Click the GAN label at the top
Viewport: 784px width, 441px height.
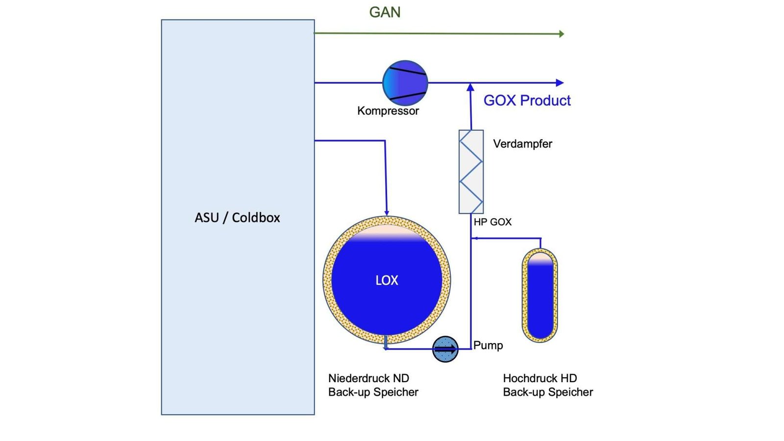(385, 12)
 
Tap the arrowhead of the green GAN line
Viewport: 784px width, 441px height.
(562, 34)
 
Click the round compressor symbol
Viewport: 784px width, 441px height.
(405, 83)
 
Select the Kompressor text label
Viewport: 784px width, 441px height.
(388, 111)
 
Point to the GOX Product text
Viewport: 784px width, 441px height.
(527, 100)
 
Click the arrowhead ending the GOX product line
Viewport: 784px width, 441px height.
(560, 83)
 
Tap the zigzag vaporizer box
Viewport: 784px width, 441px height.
(471, 171)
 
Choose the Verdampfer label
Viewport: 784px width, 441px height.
(522, 144)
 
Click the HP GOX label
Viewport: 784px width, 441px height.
(492, 222)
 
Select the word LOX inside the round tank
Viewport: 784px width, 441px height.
(387, 280)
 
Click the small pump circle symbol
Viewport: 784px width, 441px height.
(445, 349)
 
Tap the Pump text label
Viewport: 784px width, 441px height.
(488, 345)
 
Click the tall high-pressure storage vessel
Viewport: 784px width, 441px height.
(540, 295)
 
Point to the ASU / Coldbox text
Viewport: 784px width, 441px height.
(237, 218)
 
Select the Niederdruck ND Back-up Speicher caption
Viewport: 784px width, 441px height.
(373, 385)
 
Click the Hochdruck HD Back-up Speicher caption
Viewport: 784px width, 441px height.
(548, 385)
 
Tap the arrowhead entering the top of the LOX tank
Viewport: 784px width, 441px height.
(387, 213)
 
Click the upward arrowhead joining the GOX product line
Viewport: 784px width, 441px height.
(470, 87)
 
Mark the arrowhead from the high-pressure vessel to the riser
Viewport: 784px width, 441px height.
(474, 239)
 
